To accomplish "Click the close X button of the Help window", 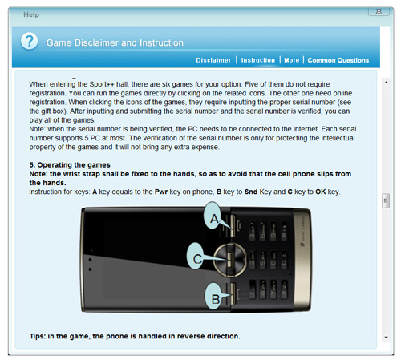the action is [379, 11].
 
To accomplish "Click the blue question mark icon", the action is [30, 42].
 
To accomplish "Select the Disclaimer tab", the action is [213, 60].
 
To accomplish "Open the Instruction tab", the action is [258, 60].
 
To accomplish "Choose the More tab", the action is [292, 60].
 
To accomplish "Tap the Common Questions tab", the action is [338, 60].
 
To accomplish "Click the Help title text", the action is [31, 14].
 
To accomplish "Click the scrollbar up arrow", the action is [386, 83].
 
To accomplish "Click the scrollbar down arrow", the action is [386, 338].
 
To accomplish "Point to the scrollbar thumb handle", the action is [386, 200].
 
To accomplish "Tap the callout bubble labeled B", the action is [215, 297].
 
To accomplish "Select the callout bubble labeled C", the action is [196, 257].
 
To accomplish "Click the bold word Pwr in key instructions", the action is [161, 192].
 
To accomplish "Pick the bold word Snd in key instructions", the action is [251, 192].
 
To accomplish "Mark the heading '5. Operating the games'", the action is [70, 165].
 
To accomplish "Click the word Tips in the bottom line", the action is [38, 336].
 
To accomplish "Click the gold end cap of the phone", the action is [302, 260].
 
